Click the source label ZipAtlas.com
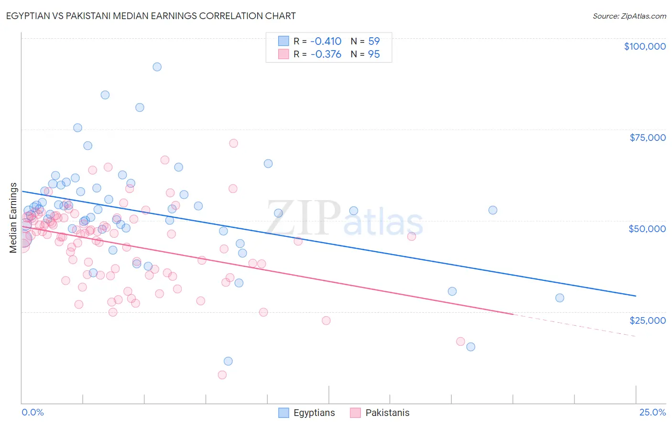pyautogui.click(x=629, y=16)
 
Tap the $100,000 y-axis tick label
pyautogui.click(x=645, y=46)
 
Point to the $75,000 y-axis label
pyautogui.click(x=647, y=138)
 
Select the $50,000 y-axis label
pyautogui.click(x=647, y=229)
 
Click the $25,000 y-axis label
pyautogui.click(x=647, y=320)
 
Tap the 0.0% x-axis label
pyautogui.click(x=33, y=412)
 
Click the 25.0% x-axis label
pyautogui.click(x=652, y=412)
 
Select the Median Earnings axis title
pyautogui.click(x=13, y=218)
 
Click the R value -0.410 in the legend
pyautogui.click(x=325, y=41)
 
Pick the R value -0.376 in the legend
pyautogui.click(x=325, y=54)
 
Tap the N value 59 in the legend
pyautogui.click(x=374, y=41)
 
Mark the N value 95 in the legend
pyautogui.click(x=374, y=54)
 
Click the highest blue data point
pyautogui.click(x=157, y=67)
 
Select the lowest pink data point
pyautogui.click(x=222, y=375)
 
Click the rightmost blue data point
pyautogui.click(x=560, y=298)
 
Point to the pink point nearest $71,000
pyautogui.click(x=233, y=143)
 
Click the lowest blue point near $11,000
pyautogui.click(x=228, y=361)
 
